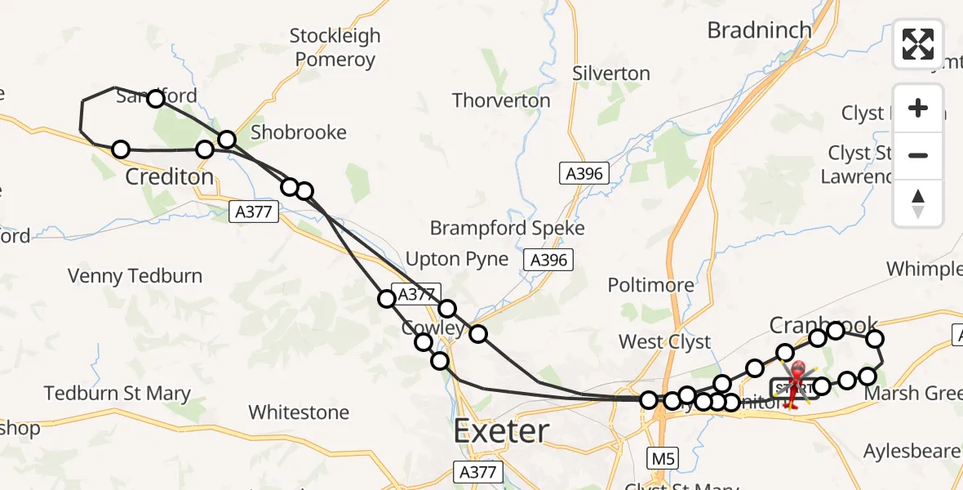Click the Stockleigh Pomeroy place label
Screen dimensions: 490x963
click(335, 47)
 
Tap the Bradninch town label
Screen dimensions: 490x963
click(759, 31)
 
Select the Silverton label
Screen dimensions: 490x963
click(611, 73)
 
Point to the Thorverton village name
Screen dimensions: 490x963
click(501, 100)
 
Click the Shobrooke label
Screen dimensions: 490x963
click(299, 132)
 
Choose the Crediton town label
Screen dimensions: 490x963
click(170, 176)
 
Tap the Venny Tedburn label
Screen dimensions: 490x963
click(135, 276)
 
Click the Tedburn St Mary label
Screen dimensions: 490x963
click(118, 394)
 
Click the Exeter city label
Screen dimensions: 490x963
click(501, 430)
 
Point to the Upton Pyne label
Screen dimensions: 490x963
click(457, 260)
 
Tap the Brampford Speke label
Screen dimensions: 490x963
click(508, 228)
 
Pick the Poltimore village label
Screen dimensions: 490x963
click(650, 285)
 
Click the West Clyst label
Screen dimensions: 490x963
click(664, 342)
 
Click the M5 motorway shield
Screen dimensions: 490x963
click(659, 458)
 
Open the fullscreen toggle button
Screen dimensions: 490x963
click(918, 44)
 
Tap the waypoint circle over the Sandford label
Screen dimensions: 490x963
click(155, 99)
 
